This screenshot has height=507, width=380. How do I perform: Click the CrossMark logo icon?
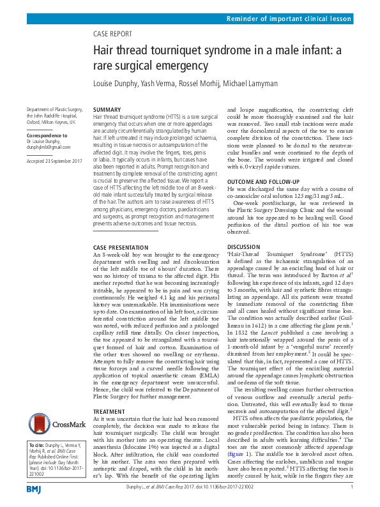[54, 423]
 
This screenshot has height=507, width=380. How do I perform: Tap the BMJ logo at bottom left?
[34, 488]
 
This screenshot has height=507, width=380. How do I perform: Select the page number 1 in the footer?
[352, 488]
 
